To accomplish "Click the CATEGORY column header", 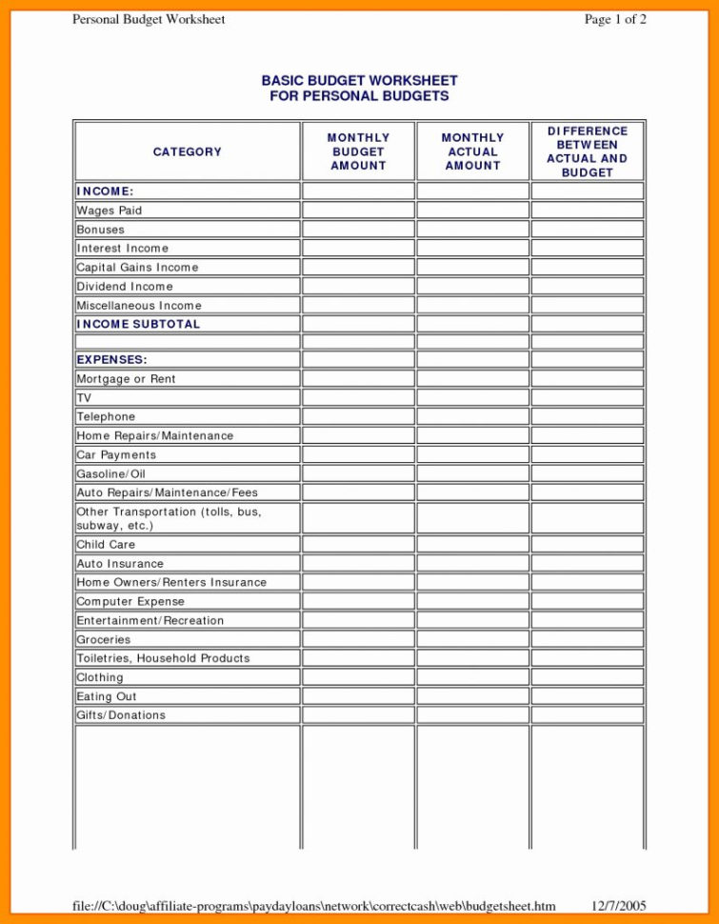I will pyautogui.click(x=187, y=151).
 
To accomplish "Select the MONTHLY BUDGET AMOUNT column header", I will pyautogui.click(x=358, y=151).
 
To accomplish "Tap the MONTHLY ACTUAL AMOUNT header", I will pyautogui.click(x=472, y=151).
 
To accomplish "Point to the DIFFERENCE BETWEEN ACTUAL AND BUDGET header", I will pyautogui.click(x=587, y=151).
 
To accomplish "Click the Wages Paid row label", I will pyautogui.click(x=110, y=211).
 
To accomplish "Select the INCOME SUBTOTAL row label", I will pyautogui.click(x=138, y=324).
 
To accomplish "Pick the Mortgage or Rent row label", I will pyautogui.click(x=126, y=379).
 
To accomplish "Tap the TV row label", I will pyautogui.click(x=84, y=398).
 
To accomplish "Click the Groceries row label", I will pyautogui.click(x=104, y=640).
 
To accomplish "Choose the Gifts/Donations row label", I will pyautogui.click(x=121, y=715).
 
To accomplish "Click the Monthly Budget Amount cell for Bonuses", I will pyautogui.click(x=358, y=230).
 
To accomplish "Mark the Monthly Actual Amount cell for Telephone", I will pyautogui.click(x=472, y=417).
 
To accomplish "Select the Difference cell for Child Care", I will pyautogui.click(x=587, y=545).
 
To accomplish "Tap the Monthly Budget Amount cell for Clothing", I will pyautogui.click(x=358, y=677).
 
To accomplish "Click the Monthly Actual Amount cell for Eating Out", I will pyautogui.click(x=472, y=696).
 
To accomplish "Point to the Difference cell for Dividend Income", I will pyautogui.click(x=587, y=286).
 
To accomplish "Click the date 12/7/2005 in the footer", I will pyautogui.click(x=619, y=905).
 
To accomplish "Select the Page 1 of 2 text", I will pyautogui.click(x=615, y=19).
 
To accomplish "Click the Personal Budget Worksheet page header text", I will pyautogui.click(x=149, y=19).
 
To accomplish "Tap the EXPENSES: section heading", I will pyautogui.click(x=111, y=360).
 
